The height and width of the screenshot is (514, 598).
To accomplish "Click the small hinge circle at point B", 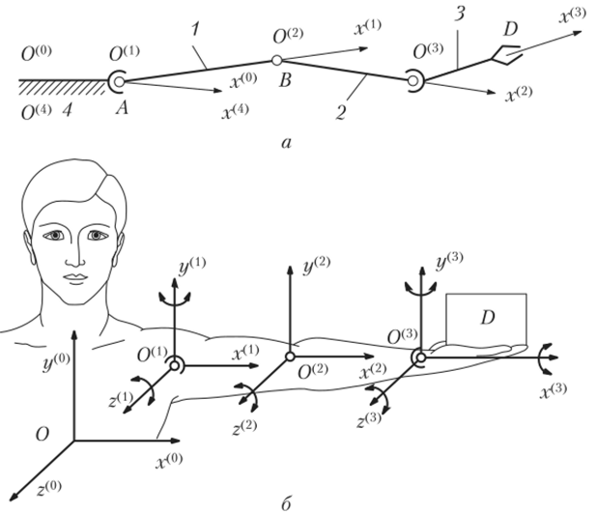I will click(277, 60).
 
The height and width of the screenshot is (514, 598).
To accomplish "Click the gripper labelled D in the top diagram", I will click(505, 55).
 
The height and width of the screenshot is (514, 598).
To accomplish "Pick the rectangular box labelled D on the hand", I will click(487, 319).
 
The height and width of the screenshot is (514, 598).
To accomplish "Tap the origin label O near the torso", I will click(40, 437).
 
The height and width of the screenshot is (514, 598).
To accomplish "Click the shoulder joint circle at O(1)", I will click(175, 364).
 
